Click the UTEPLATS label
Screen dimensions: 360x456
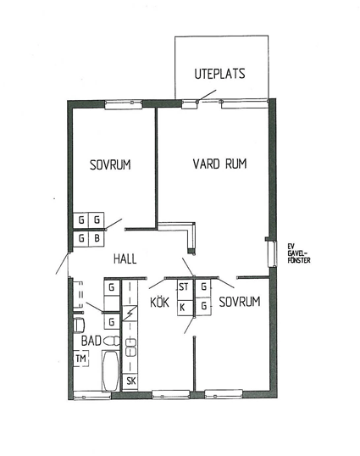219,74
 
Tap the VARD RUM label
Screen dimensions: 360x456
219,164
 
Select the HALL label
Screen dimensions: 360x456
125,259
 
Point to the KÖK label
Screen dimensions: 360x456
159,302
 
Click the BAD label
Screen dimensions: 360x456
91,341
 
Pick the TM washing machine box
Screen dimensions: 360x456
80,359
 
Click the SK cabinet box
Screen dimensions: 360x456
130,381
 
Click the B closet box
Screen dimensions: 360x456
97,239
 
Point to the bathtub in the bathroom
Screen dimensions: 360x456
110,370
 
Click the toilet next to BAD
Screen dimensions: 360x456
111,341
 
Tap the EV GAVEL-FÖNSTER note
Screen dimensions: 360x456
299,253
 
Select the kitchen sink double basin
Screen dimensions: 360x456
130,347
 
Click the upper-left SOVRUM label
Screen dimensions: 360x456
110,165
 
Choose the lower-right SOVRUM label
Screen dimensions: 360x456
240,302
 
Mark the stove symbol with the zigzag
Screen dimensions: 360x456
130,314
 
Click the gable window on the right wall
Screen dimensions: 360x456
273,254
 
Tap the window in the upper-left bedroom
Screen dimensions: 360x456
124,104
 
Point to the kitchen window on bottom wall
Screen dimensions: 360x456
171,395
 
